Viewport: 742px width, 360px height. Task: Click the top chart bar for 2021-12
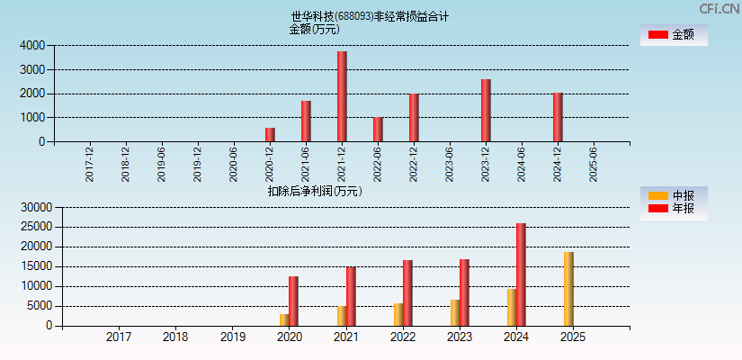point(342,96)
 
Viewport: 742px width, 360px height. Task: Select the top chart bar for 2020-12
point(270,135)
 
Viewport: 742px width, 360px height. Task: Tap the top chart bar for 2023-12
point(486,111)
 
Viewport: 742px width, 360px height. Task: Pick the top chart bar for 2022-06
point(378,130)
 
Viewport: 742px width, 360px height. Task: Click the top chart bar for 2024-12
point(558,117)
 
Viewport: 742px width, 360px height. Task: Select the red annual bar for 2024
point(521,274)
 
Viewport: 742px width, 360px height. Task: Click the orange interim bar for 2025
point(568,289)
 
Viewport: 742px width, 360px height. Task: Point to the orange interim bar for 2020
point(284,319)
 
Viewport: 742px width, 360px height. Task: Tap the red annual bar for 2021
point(351,296)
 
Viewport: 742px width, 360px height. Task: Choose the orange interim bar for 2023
point(455,312)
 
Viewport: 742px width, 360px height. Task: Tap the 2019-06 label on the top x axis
point(162,164)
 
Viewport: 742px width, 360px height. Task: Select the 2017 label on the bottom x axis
point(119,337)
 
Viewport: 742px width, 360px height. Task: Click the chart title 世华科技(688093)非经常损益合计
point(370,16)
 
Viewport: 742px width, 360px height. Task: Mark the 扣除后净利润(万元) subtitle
point(314,191)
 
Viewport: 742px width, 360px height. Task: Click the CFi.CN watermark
point(720,8)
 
